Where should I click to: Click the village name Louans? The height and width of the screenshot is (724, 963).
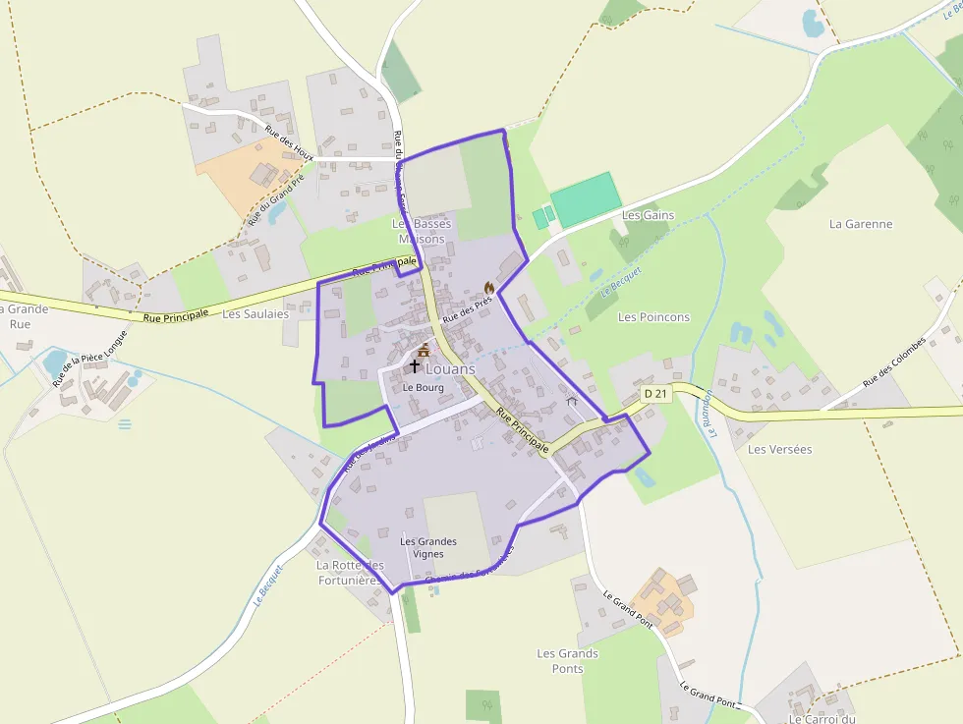point(450,369)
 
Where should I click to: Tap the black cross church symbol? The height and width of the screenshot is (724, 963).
point(415,366)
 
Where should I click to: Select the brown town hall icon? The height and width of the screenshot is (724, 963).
point(424,350)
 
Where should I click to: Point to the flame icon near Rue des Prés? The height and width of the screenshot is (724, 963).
point(488,287)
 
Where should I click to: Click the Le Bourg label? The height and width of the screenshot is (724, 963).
point(424,387)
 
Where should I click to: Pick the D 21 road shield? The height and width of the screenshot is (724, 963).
point(656,393)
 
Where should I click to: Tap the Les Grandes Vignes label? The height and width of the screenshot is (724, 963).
point(428,547)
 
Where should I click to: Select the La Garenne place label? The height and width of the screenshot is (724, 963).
point(861,224)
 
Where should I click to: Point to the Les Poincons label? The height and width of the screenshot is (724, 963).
point(653,317)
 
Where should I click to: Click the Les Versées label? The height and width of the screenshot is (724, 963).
point(779,449)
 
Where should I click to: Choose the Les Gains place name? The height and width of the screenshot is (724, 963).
point(648,215)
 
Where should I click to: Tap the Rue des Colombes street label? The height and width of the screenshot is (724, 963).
point(894,362)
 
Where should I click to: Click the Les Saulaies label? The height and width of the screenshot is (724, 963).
point(255,314)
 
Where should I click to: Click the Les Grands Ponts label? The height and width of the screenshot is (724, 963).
point(567,661)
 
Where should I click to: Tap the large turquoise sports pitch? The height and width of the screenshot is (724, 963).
point(586,198)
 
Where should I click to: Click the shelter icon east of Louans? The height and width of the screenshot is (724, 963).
point(571,401)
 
